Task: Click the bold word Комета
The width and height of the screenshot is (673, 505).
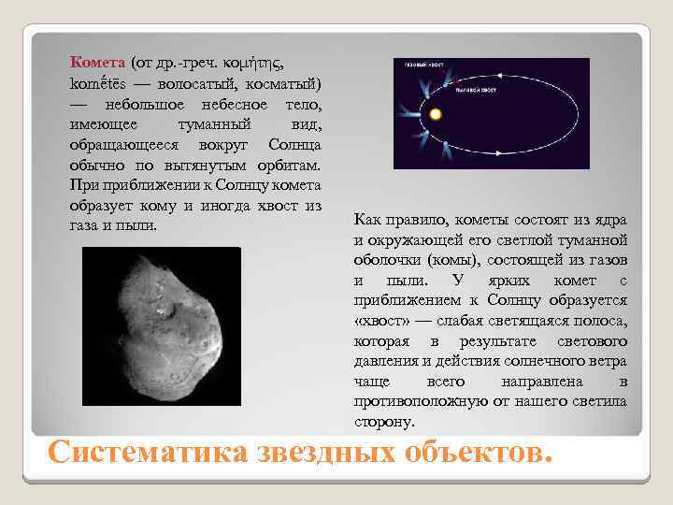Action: click(97, 63)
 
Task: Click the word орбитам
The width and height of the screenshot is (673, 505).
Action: click(287, 166)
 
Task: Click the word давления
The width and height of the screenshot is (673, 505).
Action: click(385, 361)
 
